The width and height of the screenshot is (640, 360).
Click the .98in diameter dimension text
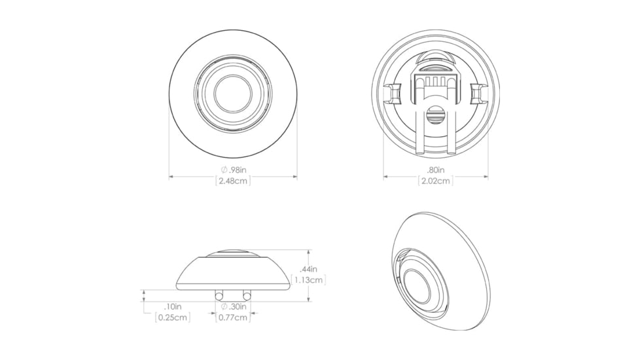[234, 170]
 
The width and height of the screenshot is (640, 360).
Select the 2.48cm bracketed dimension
[233, 181]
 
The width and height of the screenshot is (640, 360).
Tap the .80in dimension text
[436, 170]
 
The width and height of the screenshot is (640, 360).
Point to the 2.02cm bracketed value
[436, 181]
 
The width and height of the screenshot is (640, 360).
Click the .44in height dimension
[308, 269]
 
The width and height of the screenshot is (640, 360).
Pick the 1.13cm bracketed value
[308, 280]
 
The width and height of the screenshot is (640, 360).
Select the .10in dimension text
[173, 306]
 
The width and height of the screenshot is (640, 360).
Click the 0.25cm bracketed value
[173, 317]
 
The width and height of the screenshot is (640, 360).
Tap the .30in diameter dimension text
[234, 306]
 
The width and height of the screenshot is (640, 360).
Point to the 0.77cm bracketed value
[233, 317]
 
